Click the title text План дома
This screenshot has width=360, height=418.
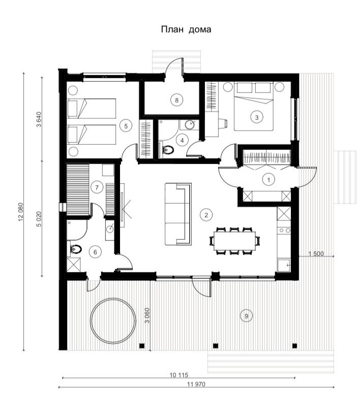click(186, 29)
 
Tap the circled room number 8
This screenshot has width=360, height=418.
click(176, 100)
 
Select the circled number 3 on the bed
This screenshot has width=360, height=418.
click(257, 117)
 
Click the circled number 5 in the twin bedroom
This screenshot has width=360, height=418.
click(126, 125)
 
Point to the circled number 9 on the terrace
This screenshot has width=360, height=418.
click(246, 316)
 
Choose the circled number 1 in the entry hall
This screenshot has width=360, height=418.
click(268, 179)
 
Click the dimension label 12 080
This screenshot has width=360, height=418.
click(21, 212)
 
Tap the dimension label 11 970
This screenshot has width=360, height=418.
click(196, 384)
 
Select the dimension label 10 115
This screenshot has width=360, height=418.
click(179, 375)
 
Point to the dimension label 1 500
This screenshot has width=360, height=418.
click(316, 253)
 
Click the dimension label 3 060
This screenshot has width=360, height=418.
click(147, 315)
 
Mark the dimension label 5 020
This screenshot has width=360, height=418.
click(39, 219)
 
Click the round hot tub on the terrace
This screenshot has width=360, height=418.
click(113, 320)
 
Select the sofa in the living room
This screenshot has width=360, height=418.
click(178, 214)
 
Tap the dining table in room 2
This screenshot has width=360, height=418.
click(235, 241)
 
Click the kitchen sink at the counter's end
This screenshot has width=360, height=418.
click(283, 265)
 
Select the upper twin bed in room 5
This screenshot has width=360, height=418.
click(92, 108)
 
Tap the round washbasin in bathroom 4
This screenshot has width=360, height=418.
click(190, 124)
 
